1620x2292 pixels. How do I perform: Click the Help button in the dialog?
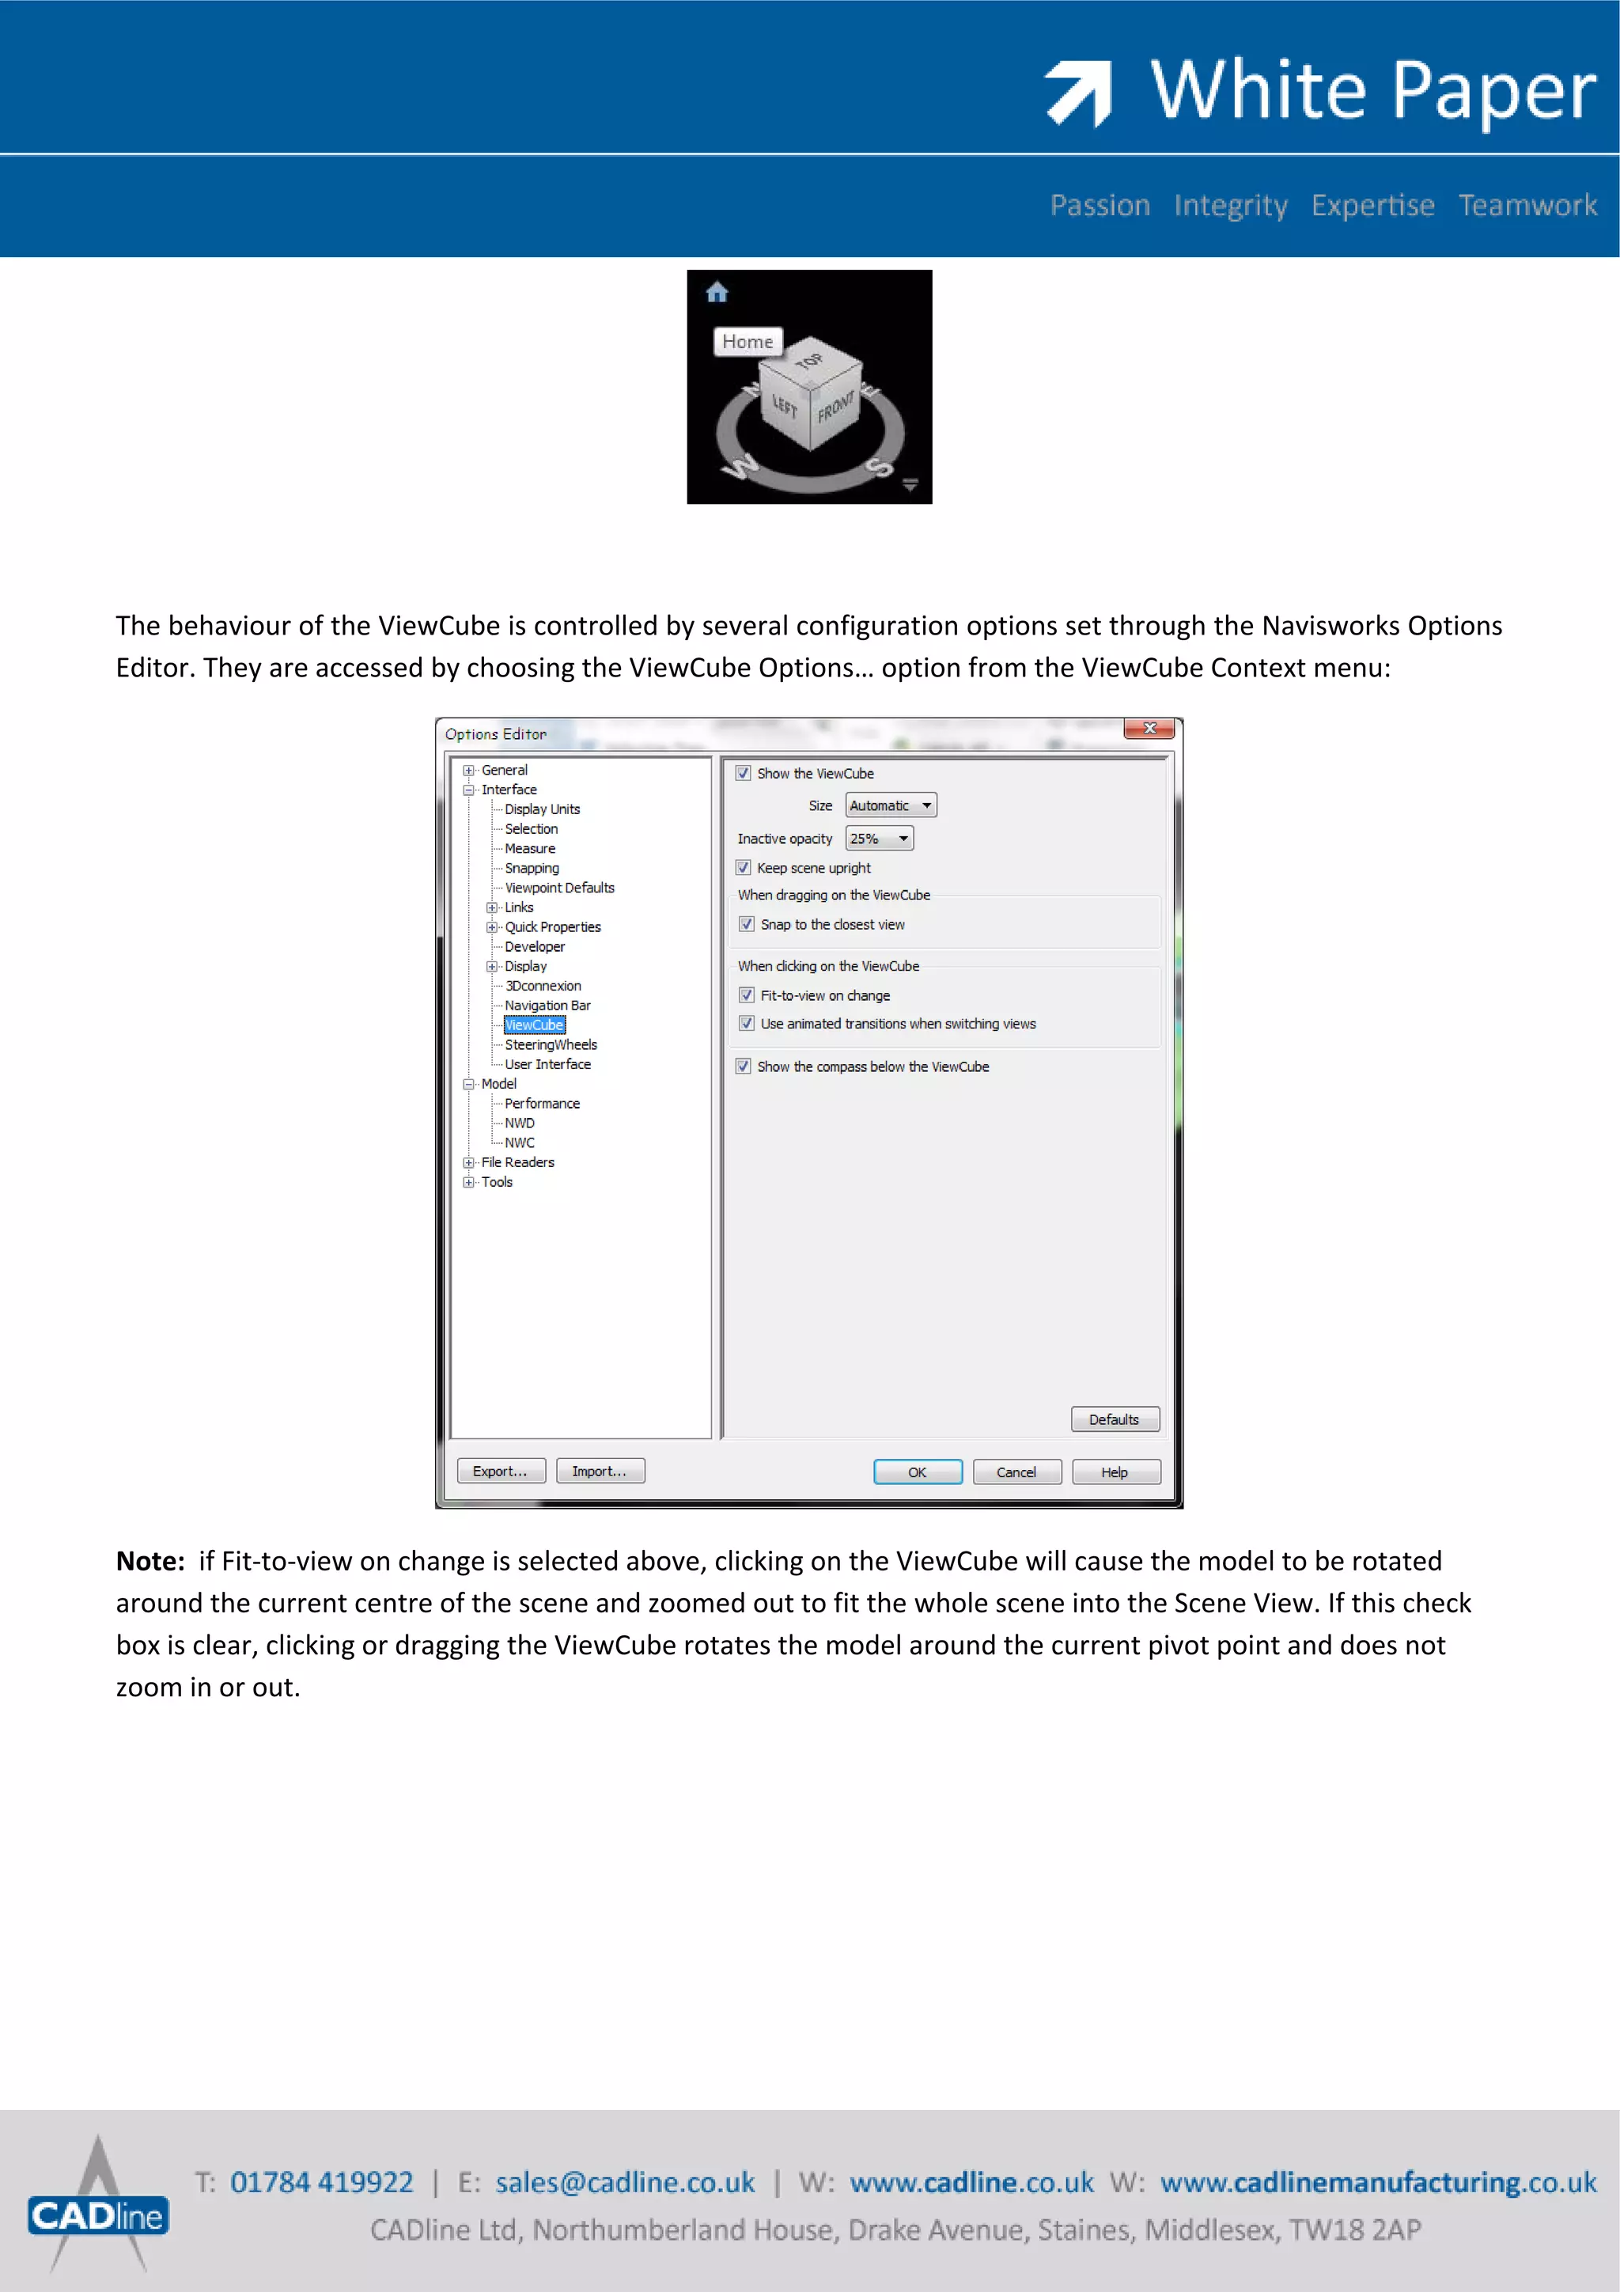(x=1115, y=1472)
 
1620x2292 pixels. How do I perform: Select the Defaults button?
(x=1114, y=1419)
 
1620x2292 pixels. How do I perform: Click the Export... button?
(x=500, y=1471)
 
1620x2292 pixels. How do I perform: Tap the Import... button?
(x=600, y=1471)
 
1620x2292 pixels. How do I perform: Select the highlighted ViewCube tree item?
(x=534, y=1025)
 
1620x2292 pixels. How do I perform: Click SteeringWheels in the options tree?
(x=550, y=1044)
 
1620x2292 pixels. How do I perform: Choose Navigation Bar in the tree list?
(x=547, y=1006)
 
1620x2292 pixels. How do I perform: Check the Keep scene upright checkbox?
(x=744, y=867)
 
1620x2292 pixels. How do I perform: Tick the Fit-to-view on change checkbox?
(x=747, y=995)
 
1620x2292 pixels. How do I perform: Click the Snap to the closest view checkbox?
(x=747, y=924)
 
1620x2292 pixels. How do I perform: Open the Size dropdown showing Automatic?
(x=891, y=805)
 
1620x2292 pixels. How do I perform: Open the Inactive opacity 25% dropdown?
(x=878, y=839)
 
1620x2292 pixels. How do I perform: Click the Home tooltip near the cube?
(x=748, y=342)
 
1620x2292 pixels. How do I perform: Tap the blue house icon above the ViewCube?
(x=717, y=293)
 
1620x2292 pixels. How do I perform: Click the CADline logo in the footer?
(x=98, y=2215)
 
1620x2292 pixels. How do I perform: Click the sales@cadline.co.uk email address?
(x=625, y=2182)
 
